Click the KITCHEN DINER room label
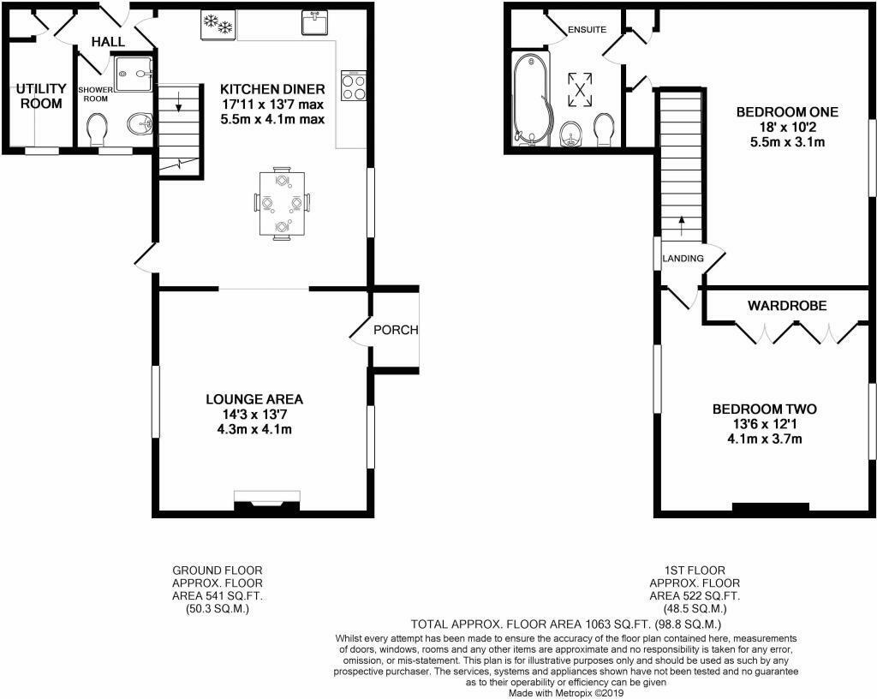pyautogui.click(x=272, y=89)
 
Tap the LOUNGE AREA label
pyautogui.click(x=254, y=399)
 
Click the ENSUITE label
pyautogui.click(x=587, y=30)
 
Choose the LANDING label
pyautogui.click(x=683, y=258)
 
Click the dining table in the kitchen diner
pyautogui.click(x=282, y=203)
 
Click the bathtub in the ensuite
pyautogui.click(x=528, y=99)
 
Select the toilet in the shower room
pyautogui.click(x=98, y=129)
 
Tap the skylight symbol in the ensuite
pyautogui.click(x=582, y=89)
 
